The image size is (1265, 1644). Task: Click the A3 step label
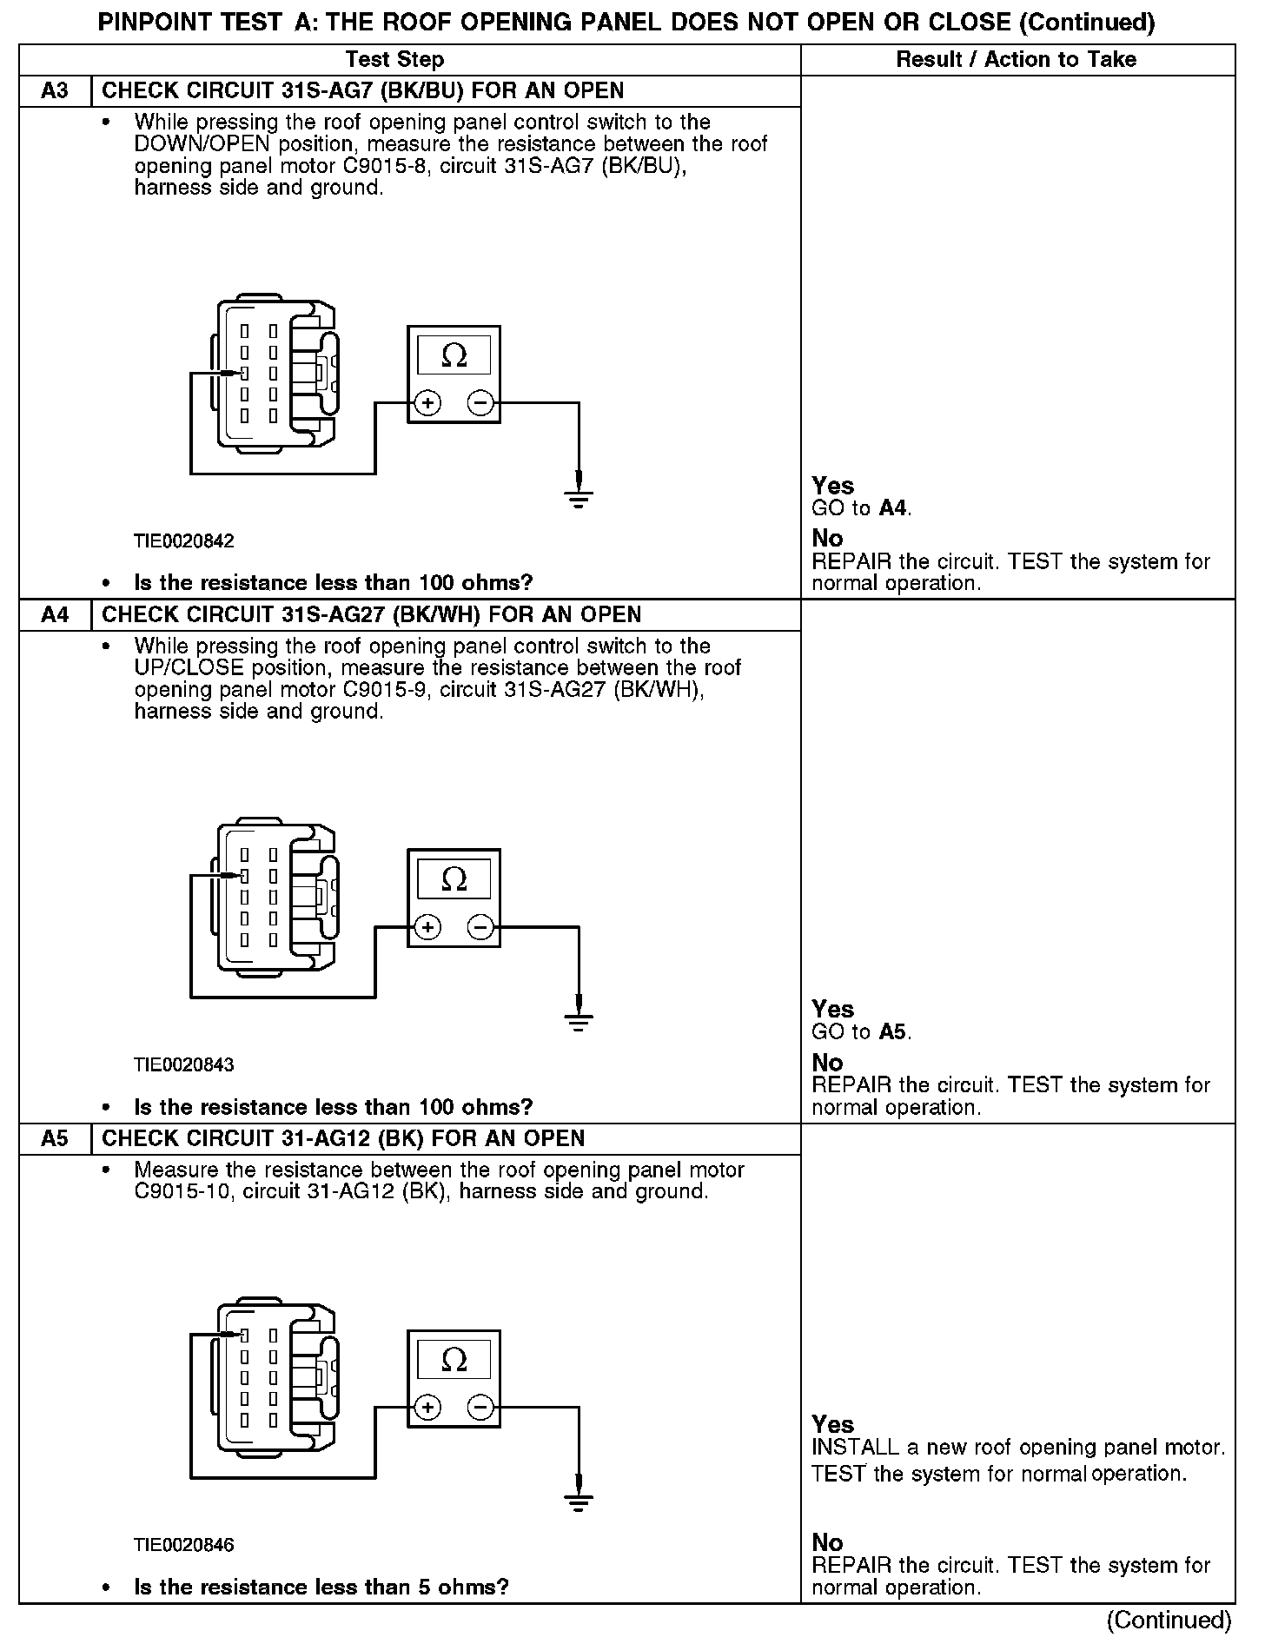point(54,91)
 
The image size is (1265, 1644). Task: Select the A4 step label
point(54,615)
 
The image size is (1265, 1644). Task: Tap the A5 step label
point(54,1139)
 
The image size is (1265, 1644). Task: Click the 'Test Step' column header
point(394,60)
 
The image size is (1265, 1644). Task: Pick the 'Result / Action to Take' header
point(1016,60)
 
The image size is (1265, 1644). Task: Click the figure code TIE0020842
point(184,541)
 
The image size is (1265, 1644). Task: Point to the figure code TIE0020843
point(184,1065)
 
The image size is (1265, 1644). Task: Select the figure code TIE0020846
point(184,1546)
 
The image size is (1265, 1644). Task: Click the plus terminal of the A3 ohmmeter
point(427,403)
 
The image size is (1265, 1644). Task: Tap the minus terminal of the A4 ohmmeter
point(480,927)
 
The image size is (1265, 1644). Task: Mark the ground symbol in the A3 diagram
point(579,497)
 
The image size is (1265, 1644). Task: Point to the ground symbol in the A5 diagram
point(579,1501)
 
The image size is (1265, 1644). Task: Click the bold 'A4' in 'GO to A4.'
point(892,508)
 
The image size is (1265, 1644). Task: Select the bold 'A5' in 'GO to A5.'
point(892,1032)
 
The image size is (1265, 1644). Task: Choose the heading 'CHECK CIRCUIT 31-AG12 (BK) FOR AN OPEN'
point(343,1139)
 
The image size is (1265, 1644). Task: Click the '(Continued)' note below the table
point(1169,1621)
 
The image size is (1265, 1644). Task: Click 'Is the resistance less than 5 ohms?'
point(321,1588)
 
